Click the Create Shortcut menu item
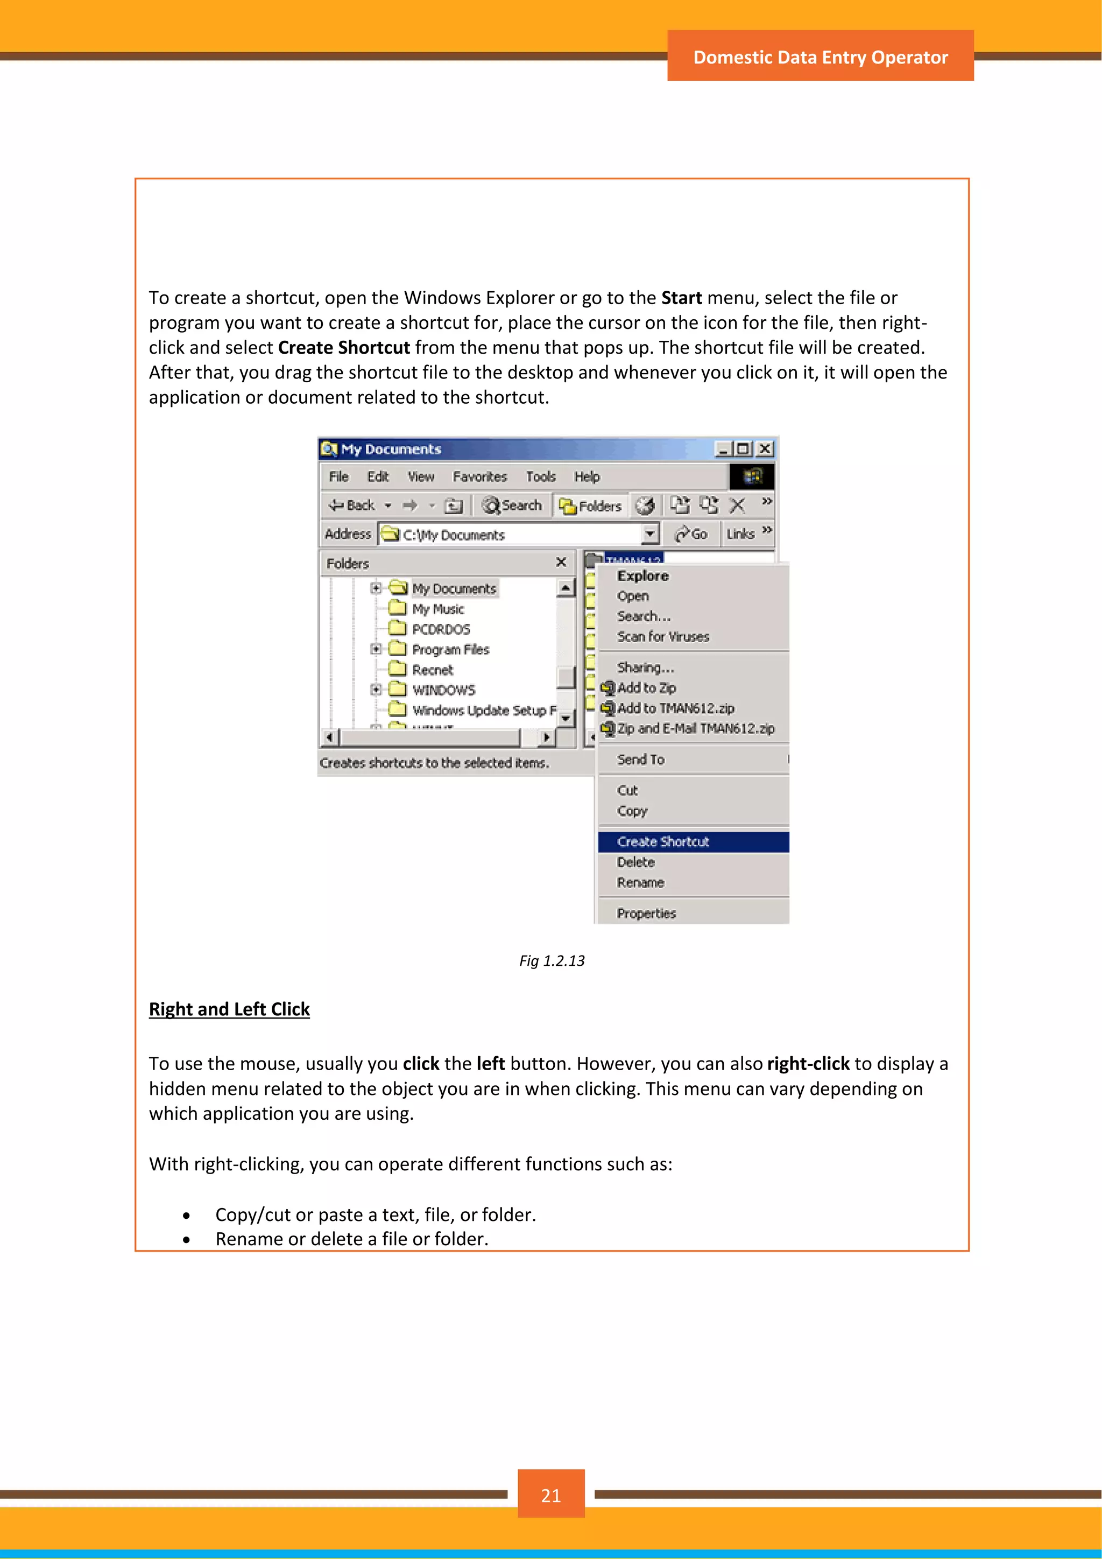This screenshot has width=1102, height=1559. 662,842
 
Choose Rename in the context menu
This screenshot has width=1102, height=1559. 640,883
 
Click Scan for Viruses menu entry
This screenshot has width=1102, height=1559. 663,637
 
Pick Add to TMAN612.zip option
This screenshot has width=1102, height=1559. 675,708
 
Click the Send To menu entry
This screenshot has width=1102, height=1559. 640,760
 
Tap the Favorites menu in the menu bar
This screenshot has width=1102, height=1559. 480,476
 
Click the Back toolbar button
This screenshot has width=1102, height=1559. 353,505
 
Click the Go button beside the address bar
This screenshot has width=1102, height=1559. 691,535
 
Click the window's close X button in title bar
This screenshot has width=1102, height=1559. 765,449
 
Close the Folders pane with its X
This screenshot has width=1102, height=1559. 561,562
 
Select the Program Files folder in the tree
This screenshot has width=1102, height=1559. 450,650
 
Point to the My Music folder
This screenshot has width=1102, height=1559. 437,609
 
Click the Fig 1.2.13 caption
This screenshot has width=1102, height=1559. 552,961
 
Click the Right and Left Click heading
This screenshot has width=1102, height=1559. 229,1010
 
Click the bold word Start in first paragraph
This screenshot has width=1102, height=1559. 681,298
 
